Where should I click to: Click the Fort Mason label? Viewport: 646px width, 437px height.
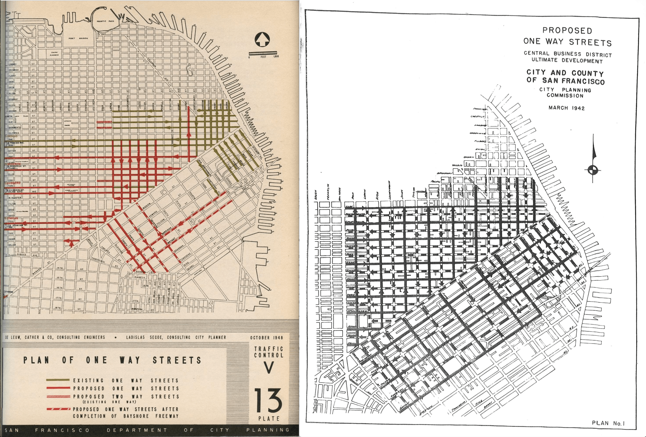pos(78,38)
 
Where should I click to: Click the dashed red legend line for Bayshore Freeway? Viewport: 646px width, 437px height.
pos(58,409)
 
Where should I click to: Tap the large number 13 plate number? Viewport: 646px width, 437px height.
pos(268,400)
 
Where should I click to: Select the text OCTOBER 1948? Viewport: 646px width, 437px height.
pos(266,338)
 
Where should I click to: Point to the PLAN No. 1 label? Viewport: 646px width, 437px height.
pos(608,423)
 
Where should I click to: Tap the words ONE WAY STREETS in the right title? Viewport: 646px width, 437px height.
pos(567,42)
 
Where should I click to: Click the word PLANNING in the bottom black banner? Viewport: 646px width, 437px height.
pos(268,430)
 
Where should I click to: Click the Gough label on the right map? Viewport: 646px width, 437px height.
pos(316,193)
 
